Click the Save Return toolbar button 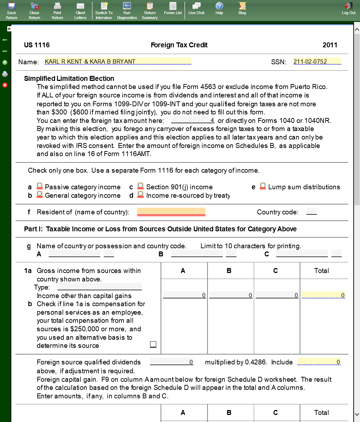click(x=11, y=10)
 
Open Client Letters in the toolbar click(x=80, y=10)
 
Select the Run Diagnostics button click(x=127, y=10)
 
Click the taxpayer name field click(x=118, y=61)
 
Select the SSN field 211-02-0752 click(x=317, y=61)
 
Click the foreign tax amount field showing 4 click(x=193, y=121)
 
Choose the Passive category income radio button click(x=40, y=186)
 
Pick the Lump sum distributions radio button click(x=263, y=186)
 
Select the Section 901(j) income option click(x=140, y=186)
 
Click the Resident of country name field click(x=171, y=212)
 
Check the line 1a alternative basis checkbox click(x=153, y=344)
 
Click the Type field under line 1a click(x=100, y=287)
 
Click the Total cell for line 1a click(x=323, y=295)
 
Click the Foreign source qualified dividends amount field click(x=172, y=362)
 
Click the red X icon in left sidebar click(x=5, y=85)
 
